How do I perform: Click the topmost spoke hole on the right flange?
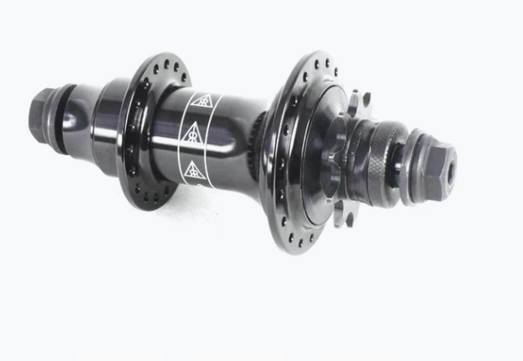(317, 59)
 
